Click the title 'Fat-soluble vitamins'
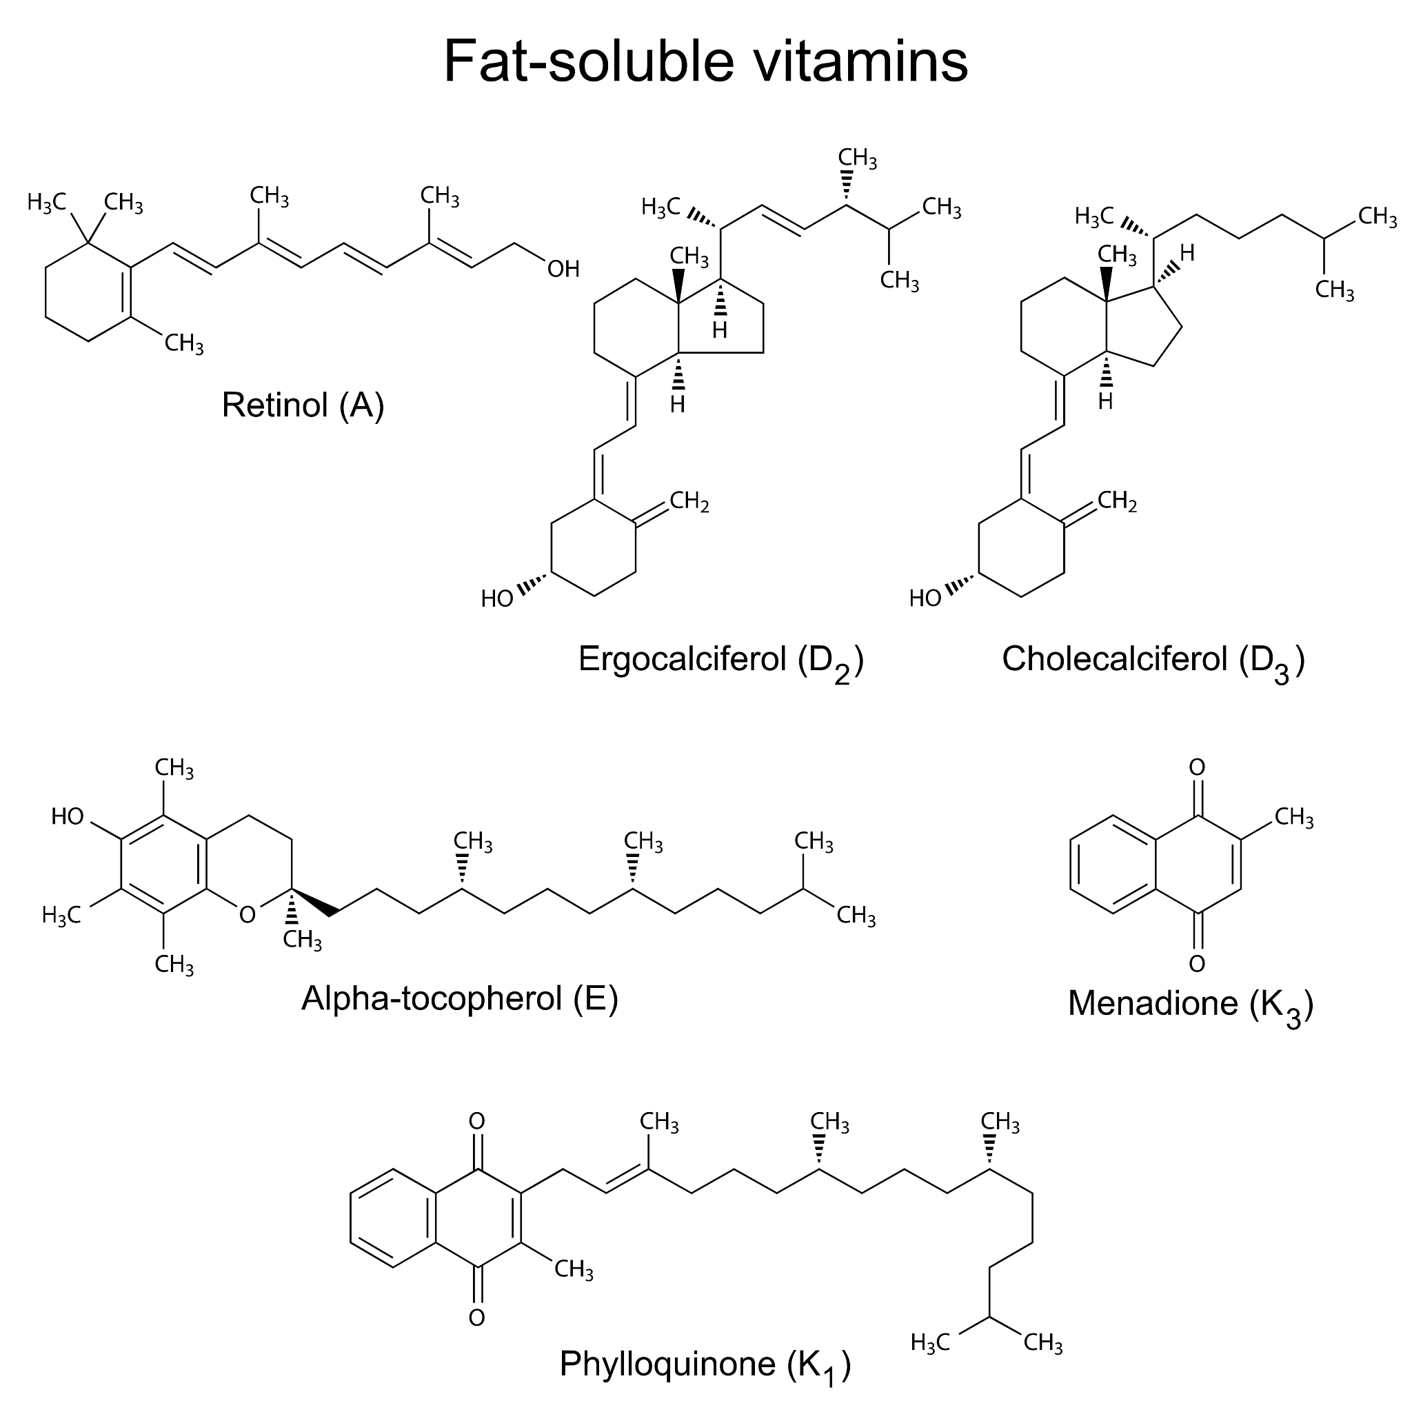pos(705,61)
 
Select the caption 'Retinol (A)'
pos(303,405)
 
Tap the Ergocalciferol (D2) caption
pos(720,660)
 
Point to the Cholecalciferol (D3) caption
pos(1153,660)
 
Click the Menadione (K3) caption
pos(1191,1003)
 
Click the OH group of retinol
pos(563,270)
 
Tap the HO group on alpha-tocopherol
pos(68,816)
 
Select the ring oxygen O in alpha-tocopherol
pos(247,914)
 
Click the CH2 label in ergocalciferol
pos(689,501)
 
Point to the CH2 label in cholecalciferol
pos(1117,501)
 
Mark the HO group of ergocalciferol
pos(497,599)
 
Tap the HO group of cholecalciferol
pos(925,599)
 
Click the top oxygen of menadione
pos(1197,767)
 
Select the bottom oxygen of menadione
pos(1197,964)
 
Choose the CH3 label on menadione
pos(1293,818)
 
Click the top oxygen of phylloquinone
pos(476,1121)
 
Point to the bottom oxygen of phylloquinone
pos(476,1318)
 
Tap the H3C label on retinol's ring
pos(47,203)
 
